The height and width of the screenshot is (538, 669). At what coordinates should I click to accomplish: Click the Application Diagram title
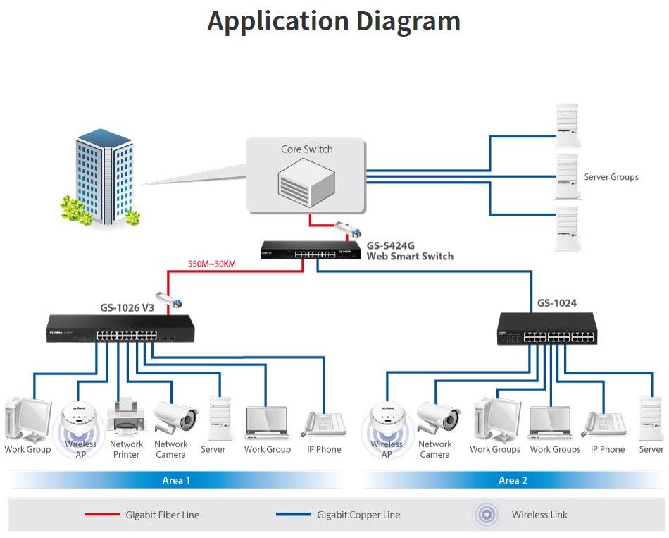tap(334, 21)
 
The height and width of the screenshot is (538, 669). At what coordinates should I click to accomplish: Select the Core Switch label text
tap(306, 149)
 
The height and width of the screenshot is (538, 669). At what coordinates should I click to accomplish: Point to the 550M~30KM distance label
tap(211, 265)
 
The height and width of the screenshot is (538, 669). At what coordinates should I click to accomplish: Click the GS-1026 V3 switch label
tap(127, 307)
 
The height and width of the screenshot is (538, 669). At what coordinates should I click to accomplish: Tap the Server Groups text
tap(611, 177)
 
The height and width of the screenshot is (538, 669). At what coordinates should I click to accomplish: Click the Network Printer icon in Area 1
tap(126, 417)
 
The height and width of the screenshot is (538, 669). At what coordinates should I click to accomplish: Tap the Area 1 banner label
tap(176, 481)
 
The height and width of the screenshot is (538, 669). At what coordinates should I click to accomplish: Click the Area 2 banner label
tap(513, 481)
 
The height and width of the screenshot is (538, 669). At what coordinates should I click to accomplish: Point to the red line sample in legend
tap(102, 515)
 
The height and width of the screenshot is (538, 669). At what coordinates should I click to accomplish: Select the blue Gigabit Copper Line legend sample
tap(293, 515)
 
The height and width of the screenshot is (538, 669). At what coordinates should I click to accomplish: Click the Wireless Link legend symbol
tap(486, 515)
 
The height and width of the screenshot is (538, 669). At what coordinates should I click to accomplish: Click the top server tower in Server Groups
tap(567, 125)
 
